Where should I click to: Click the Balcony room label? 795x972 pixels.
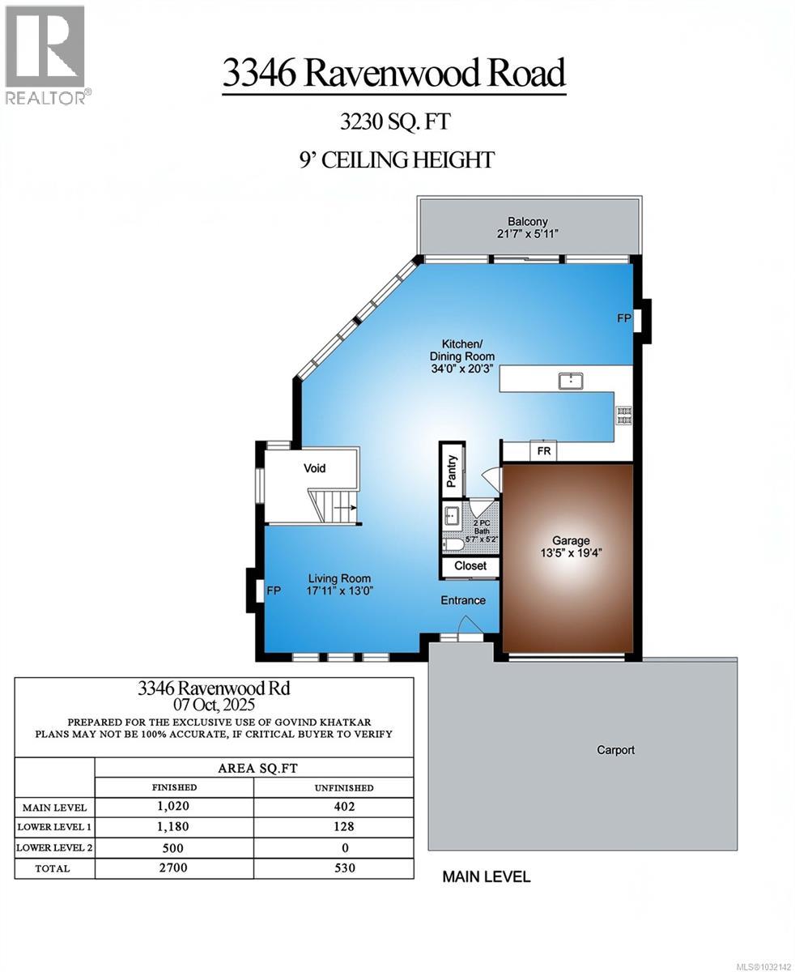point(528,221)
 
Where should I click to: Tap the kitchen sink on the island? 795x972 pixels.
point(572,380)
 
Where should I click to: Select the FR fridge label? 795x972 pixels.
point(544,450)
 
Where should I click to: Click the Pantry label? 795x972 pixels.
point(452,471)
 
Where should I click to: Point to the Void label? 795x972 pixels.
point(314,468)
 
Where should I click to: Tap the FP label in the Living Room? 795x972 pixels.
point(274,591)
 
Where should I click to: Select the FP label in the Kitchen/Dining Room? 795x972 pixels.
point(623,318)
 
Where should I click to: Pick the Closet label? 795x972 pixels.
point(470,565)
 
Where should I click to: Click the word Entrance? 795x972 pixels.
point(463,600)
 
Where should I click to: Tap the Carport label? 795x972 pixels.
point(616,750)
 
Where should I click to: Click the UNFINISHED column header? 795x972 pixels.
point(344,787)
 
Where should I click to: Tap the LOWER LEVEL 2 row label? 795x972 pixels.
point(55,848)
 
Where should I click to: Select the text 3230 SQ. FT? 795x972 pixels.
point(394,122)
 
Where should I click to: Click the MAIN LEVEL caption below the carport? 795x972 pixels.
point(486,876)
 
